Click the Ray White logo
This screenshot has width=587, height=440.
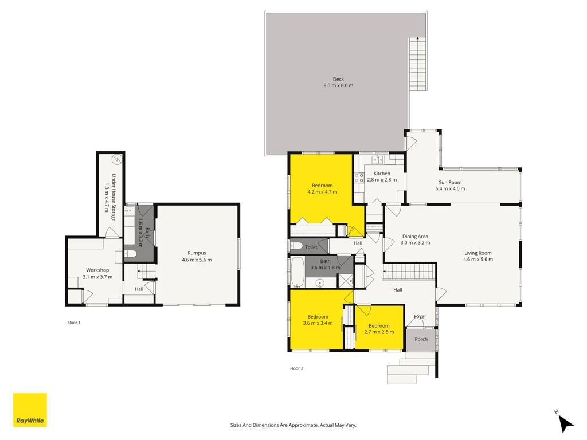(30, 410)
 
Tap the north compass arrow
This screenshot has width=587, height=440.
(566, 423)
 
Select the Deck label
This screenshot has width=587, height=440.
(338, 79)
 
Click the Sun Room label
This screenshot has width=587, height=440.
(450, 183)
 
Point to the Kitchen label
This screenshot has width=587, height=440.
(382, 174)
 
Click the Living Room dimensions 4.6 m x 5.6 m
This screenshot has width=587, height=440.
(478, 260)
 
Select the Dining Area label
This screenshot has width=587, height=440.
(415, 237)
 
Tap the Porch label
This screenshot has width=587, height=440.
(421, 339)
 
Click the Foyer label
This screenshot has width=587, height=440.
(420, 316)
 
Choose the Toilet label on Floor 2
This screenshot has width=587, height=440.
(311, 247)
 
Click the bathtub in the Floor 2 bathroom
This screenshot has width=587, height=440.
(298, 272)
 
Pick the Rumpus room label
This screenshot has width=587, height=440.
(197, 253)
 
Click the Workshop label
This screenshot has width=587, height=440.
(97, 270)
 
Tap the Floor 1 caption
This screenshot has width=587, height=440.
(74, 323)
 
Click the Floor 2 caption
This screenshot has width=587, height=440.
(296, 368)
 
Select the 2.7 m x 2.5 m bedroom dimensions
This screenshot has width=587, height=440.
(379, 332)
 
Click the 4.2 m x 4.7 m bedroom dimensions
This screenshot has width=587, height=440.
(322, 192)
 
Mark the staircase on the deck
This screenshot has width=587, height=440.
(417, 63)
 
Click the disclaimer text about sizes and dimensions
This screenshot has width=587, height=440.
(293, 425)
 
